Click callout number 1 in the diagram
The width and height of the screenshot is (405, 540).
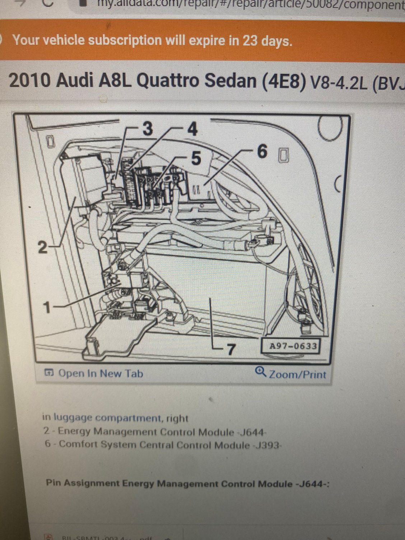[46, 307]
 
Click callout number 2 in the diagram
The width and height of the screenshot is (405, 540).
[42, 247]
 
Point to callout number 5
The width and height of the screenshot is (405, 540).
[196, 158]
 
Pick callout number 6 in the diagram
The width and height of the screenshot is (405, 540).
[262, 152]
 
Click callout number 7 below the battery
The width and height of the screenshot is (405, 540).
[231, 349]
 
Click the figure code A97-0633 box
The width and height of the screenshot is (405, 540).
[293, 346]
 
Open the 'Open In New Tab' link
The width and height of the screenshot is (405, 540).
[100, 373]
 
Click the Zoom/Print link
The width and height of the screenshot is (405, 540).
[297, 374]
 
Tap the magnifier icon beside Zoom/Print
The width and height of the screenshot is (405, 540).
[260, 372]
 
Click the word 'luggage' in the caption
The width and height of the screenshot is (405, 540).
[73, 418]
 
